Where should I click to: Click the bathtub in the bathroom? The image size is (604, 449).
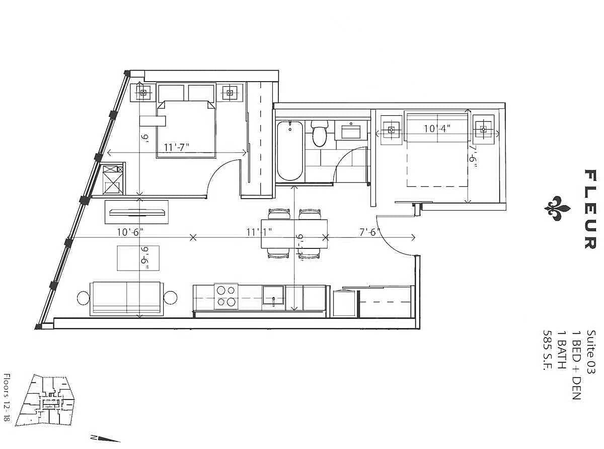(x=290, y=151)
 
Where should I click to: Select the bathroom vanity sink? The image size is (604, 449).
(x=351, y=131)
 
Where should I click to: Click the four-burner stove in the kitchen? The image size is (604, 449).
(x=226, y=297)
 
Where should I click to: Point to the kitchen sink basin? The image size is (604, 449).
(x=273, y=298)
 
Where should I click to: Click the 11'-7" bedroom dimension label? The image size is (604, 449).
(x=177, y=148)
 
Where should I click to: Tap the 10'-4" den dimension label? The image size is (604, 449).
(x=437, y=129)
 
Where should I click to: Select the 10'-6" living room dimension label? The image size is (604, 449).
(x=130, y=232)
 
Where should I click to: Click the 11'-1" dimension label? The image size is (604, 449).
(x=259, y=232)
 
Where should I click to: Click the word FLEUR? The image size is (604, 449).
(x=590, y=209)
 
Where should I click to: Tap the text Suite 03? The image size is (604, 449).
(x=590, y=352)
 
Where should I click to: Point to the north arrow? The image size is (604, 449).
(x=105, y=438)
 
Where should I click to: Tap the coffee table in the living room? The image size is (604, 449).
(x=138, y=258)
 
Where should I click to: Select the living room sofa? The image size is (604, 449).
(x=127, y=299)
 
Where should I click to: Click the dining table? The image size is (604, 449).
(x=294, y=234)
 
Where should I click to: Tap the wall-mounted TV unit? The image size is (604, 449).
(x=136, y=212)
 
